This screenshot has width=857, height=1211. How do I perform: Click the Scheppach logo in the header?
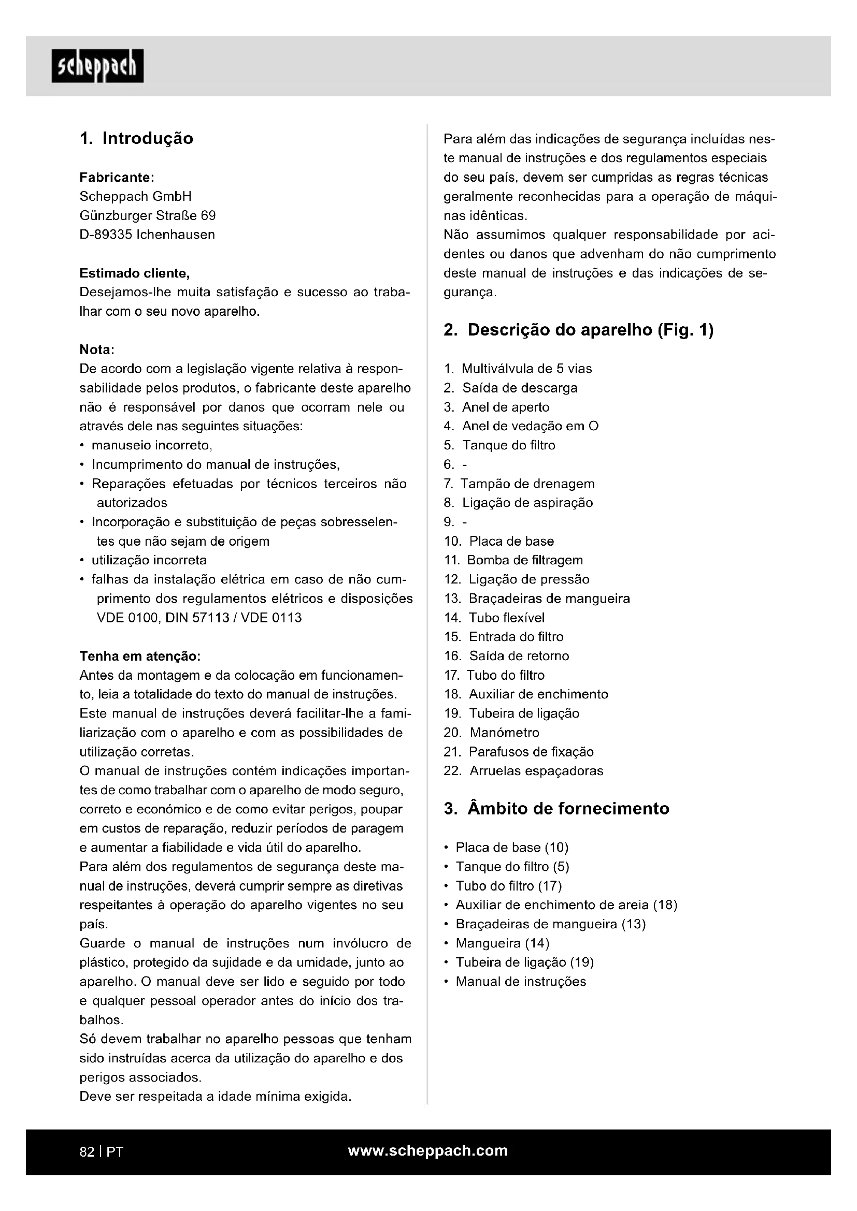[x=97, y=66]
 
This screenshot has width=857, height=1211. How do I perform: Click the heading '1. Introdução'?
[x=136, y=139]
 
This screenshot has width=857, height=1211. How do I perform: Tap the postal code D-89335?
[x=106, y=235]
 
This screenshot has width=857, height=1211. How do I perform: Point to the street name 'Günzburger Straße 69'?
[x=147, y=216]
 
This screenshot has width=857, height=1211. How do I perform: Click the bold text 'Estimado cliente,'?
[x=135, y=273]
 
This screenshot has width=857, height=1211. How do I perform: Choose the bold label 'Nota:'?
[x=96, y=349]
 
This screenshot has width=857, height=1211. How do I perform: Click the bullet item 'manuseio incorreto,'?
[x=151, y=446]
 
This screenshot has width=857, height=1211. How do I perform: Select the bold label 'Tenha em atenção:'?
[x=140, y=656]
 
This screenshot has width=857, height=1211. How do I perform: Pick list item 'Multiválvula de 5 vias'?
[x=526, y=369]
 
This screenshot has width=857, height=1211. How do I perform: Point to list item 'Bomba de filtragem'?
[x=524, y=560]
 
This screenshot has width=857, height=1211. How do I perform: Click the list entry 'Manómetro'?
[x=504, y=733]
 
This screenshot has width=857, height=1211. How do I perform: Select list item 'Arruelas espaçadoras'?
[x=536, y=770]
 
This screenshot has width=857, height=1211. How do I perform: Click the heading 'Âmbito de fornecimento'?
[x=568, y=809]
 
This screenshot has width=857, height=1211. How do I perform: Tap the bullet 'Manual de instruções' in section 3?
[x=521, y=982]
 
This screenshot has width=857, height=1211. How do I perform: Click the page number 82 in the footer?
[x=87, y=1152]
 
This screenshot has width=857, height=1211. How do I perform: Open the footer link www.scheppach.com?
[x=427, y=1151]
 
